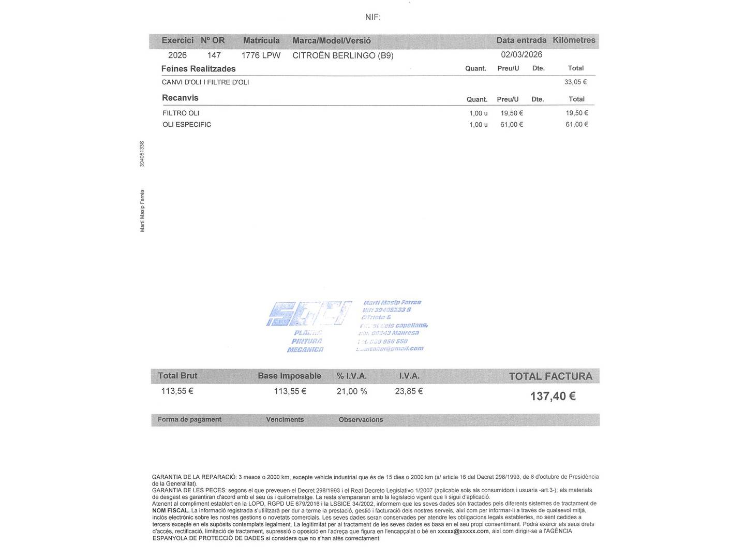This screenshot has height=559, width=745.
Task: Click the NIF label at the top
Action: click(373, 17)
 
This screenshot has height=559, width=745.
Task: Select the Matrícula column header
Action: click(261, 40)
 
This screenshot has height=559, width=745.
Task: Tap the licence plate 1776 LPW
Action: click(261, 55)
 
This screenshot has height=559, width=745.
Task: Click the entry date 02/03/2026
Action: click(521, 55)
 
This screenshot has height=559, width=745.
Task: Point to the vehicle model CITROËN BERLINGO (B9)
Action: click(342, 55)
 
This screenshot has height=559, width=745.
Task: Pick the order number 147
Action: click(214, 55)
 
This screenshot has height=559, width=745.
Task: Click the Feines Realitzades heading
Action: click(198, 69)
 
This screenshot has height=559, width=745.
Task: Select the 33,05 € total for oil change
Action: click(575, 82)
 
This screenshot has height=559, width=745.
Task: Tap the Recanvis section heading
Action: click(180, 98)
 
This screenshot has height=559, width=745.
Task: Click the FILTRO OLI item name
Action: click(181, 113)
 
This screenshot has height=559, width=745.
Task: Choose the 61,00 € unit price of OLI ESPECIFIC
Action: click(511, 124)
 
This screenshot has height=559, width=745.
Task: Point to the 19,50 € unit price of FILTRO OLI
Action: click(511, 113)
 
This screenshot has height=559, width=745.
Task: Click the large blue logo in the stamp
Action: click(308, 314)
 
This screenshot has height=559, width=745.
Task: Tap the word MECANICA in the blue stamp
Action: click(305, 350)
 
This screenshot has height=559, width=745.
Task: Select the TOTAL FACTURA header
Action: click(550, 376)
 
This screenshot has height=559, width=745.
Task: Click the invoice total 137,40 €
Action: click(553, 396)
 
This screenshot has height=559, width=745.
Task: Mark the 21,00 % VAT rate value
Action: click(352, 391)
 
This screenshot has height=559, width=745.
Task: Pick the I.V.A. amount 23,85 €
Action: click(409, 391)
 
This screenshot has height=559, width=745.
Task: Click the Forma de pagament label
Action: click(189, 419)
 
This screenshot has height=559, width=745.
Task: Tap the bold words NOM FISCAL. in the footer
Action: click(170, 510)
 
